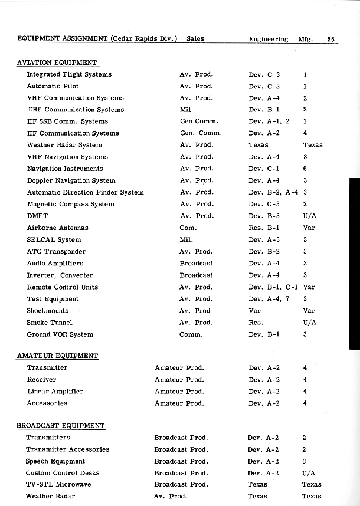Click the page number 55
330,39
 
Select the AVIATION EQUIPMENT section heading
57,63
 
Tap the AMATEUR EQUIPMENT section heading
57,356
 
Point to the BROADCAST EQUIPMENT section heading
60,425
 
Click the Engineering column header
269,39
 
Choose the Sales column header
195,39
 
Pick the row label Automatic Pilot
53,86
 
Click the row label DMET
37,216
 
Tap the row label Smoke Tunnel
50,323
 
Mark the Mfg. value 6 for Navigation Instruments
305,169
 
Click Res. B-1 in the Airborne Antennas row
264,228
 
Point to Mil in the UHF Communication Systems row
185,110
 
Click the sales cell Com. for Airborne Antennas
188,228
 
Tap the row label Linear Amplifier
55,391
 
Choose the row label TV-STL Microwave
58,484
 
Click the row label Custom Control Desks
63,472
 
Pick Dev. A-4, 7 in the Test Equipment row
269,299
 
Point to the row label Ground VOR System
60,334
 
